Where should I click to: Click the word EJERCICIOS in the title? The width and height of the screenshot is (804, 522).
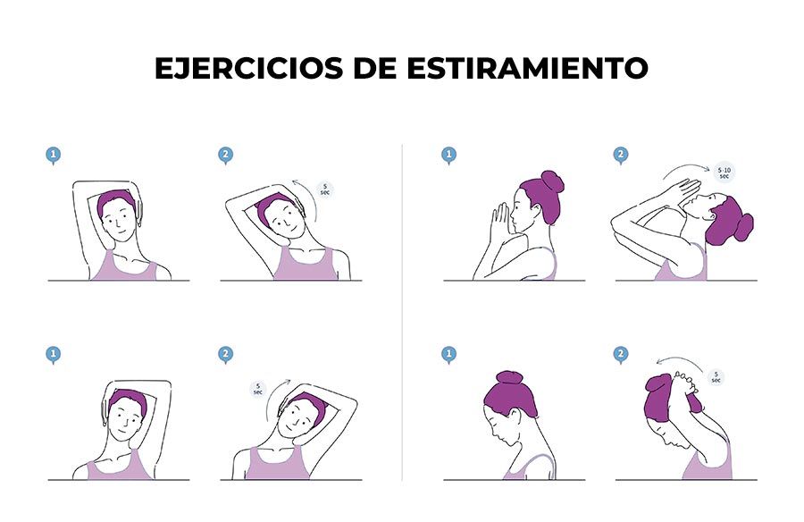point(248,68)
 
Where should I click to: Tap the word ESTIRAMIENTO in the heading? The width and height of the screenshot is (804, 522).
point(528,68)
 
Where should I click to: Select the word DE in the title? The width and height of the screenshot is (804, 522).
point(375,68)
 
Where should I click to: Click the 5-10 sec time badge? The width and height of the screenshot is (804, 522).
point(724,173)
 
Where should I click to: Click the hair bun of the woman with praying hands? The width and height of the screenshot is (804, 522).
point(552,181)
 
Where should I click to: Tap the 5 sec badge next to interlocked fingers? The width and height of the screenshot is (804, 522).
point(716,377)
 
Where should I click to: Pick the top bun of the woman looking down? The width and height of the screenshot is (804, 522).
point(509,378)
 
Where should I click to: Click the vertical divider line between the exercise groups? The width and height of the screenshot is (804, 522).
point(402,312)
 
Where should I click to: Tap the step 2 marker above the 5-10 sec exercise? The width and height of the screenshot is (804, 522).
point(621,156)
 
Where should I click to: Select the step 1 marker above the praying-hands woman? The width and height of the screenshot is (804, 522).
point(448,156)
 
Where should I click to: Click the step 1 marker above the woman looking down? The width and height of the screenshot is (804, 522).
point(448,355)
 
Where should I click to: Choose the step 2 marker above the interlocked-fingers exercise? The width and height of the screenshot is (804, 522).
point(621,355)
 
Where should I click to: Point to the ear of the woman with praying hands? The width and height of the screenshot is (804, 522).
point(536,211)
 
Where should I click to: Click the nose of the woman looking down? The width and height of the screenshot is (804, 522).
point(493,434)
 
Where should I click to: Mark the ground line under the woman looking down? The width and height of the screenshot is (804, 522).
point(514,480)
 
